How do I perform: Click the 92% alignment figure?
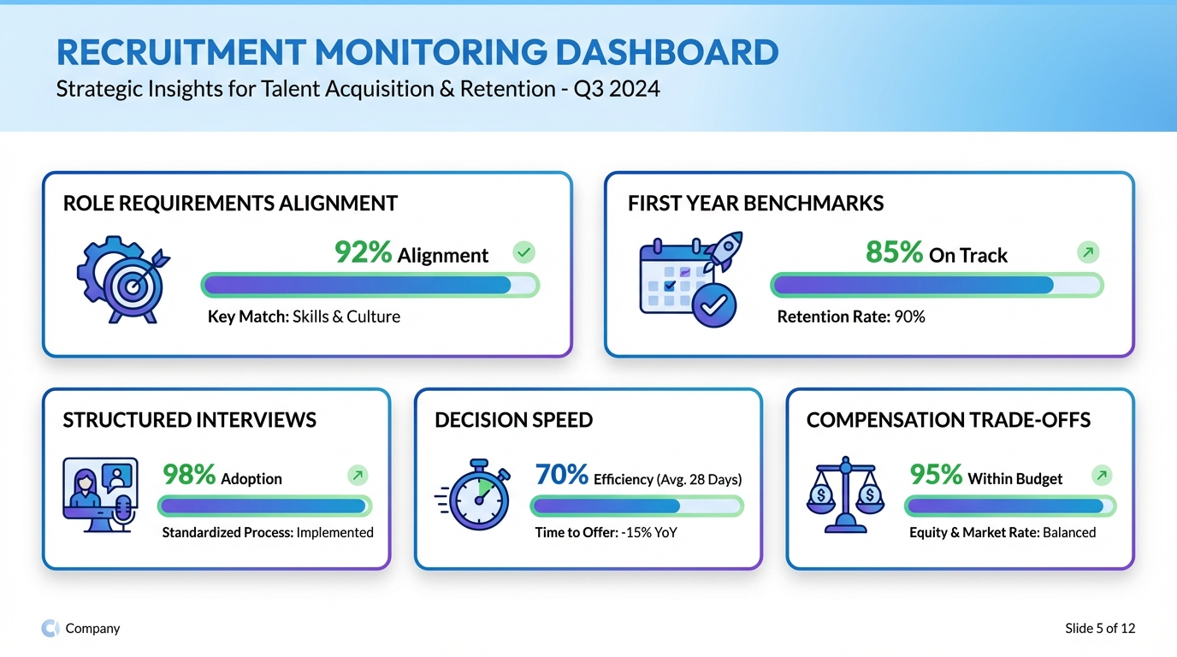pyautogui.click(x=364, y=252)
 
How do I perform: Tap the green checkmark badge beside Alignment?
pyautogui.click(x=523, y=252)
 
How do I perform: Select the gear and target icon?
pyautogui.click(x=123, y=278)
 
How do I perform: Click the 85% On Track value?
pyautogui.click(x=895, y=252)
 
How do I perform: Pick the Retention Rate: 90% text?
pyautogui.click(x=851, y=317)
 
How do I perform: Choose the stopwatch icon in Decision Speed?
pyautogui.click(x=476, y=495)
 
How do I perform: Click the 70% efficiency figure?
pyautogui.click(x=561, y=475)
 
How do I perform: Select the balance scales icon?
pyautogui.click(x=845, y=495)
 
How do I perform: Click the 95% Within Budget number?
pyautogui.click(x=936, y=475)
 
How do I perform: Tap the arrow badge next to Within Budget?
pyautogui.click(x=1103, y=476)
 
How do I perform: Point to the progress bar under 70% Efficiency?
pyautogui.click(x=636, y=506)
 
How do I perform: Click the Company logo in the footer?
pyautogui.click(x=50, y=629)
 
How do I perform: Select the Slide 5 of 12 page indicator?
pyautogui.click(x=1100, y=629)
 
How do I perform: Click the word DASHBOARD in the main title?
pyautogui.click(x=667, y=53)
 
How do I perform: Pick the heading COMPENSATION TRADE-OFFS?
pyautogui.click(x=949, y=420)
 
